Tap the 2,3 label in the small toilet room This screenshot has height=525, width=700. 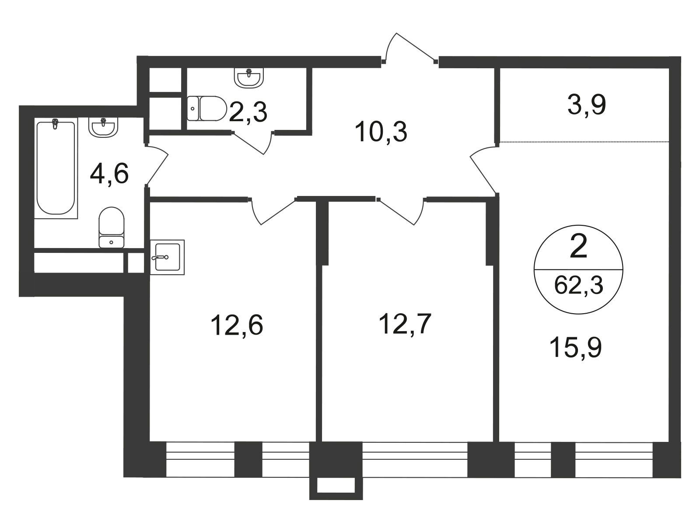248,112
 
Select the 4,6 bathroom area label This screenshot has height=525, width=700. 109,174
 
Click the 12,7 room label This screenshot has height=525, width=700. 405,324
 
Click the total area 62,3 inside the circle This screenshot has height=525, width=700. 579,285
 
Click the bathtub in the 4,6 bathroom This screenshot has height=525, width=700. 56,168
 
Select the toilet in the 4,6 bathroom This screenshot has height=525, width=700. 111,227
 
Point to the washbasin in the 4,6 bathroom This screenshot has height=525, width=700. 103,127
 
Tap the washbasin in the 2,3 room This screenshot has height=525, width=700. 249,77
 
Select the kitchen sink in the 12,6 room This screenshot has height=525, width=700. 168,257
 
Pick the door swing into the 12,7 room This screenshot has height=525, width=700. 402,211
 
